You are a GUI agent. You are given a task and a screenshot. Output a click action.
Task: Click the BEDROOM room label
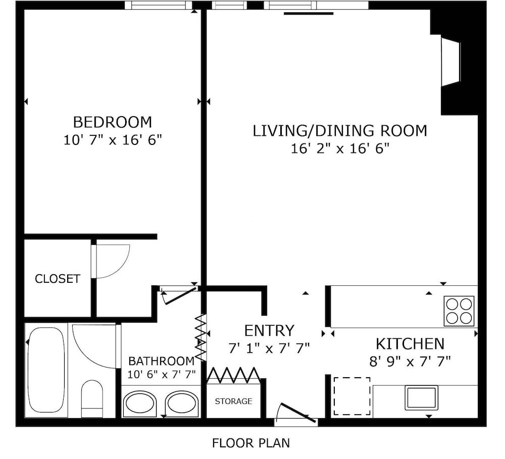[x=113, y=122]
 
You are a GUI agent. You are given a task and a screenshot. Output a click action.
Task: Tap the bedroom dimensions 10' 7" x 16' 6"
[x=113, y=140]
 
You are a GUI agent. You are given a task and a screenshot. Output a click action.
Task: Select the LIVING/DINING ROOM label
[x=340, y=131]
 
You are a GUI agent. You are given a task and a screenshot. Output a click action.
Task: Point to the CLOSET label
[x=58, y=279]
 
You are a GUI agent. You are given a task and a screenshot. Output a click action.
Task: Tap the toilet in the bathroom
[x=92, y=399]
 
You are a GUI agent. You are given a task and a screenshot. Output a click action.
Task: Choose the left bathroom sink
[x=139, y=402]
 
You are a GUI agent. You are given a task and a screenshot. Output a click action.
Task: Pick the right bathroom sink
[x=182, y=402]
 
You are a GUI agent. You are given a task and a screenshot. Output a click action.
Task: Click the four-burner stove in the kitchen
[x=459, y=311]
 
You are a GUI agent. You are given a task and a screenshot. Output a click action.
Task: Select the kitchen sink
[x=421, y=398]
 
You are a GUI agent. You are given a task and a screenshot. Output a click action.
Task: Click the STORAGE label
[x=233, y=401]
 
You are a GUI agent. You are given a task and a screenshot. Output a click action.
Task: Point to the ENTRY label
[x=269, y=330]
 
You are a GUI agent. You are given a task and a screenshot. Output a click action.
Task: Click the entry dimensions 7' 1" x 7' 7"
[x=269, y=348]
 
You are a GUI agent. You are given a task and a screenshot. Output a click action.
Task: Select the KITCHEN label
[x=410, y=344]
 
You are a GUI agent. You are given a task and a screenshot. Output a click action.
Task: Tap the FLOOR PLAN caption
[x=251, y=443]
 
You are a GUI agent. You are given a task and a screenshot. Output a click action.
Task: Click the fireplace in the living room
[x=451, y=61]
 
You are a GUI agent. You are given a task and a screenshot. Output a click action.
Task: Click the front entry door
[x=297, y=413]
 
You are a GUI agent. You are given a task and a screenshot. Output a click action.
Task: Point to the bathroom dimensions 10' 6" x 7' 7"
[x=162, y=375]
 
